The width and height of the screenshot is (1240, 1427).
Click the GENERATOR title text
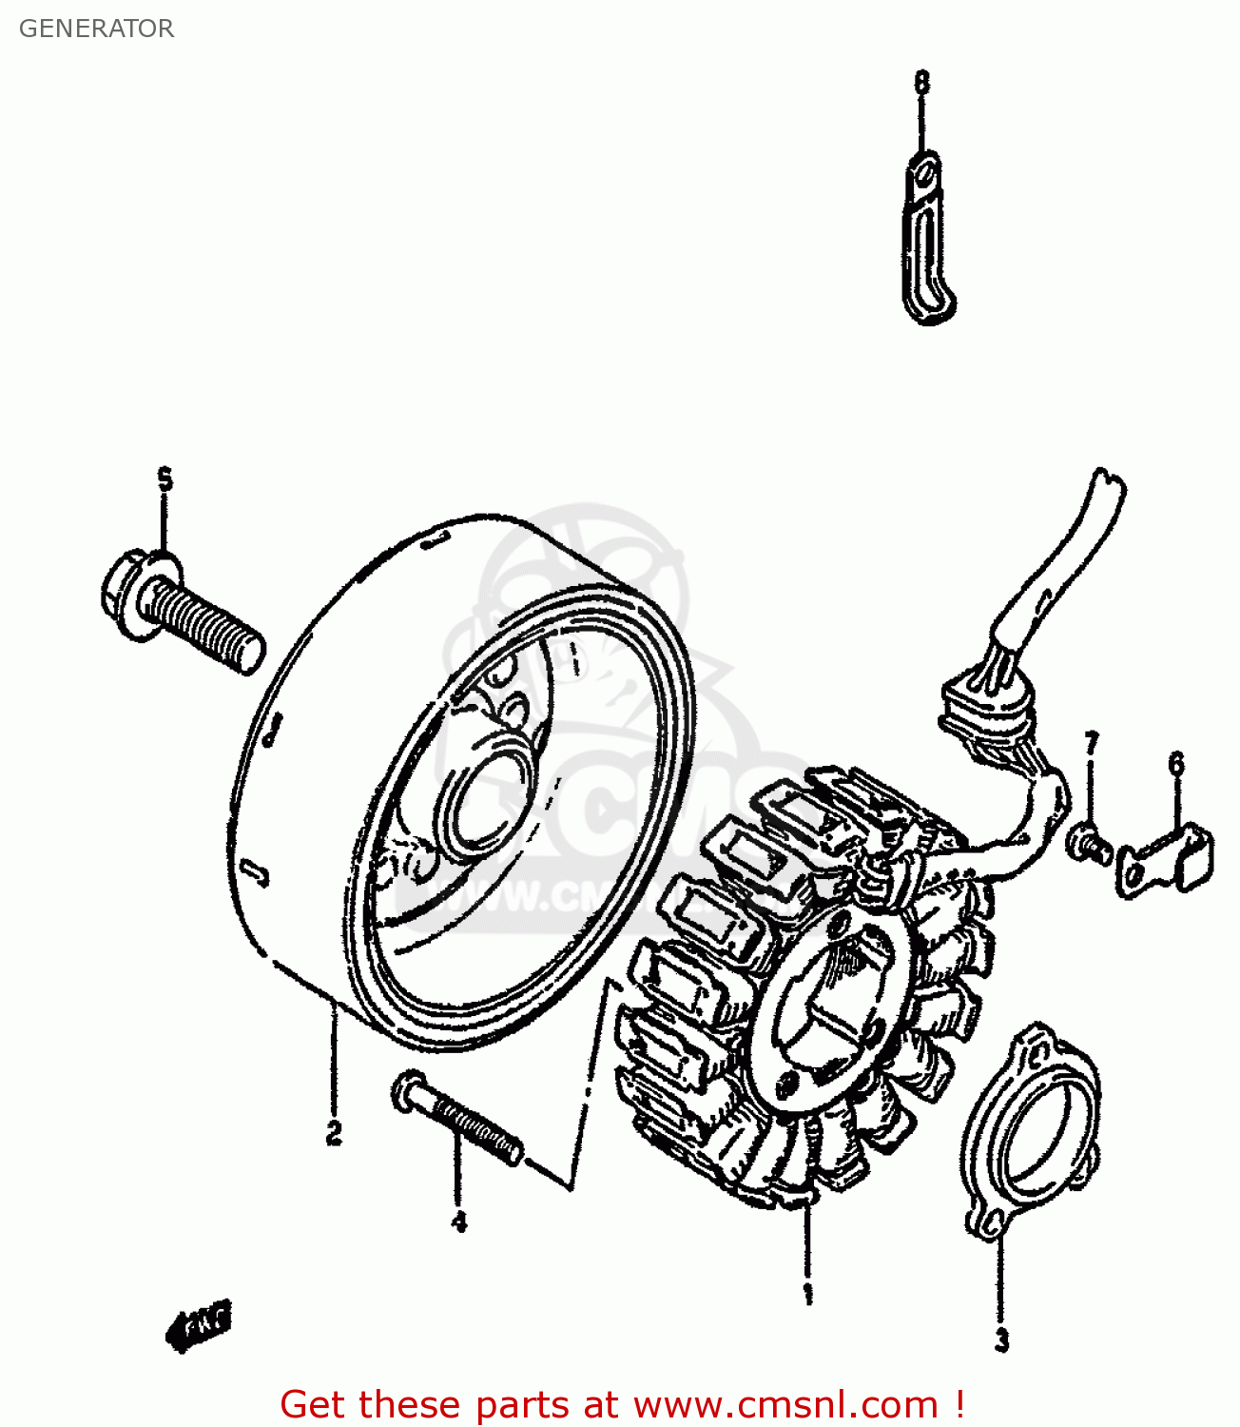click(x=96, y=29)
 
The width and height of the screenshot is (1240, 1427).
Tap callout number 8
click(x=921, y=83)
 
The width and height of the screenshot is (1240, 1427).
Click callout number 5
click(x=165, y=479)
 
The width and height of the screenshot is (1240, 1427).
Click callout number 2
click(x=334, y=1133)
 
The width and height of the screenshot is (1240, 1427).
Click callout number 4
click(x=459, y=1222)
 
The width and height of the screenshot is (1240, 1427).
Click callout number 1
click(x=807, y=1294)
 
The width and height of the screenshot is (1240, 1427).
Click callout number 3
click(x=1001, y=1340)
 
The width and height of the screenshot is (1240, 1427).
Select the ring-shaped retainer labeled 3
click(x=1032, y=1132)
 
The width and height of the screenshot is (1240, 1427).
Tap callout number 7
click(x=1091, y=742)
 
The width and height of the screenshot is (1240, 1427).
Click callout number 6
click(x=1176, y=764)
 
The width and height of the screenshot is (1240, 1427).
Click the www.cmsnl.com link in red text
click(x=785, y=1404)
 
